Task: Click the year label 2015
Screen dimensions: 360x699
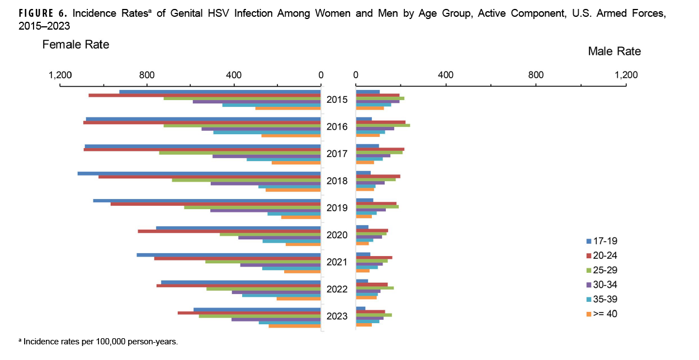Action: [x=338, y=100]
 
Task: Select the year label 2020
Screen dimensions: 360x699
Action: [x=338, y=235]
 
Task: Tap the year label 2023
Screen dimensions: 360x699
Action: [x=338, y=316]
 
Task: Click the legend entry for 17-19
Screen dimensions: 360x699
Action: [x=602, y=241]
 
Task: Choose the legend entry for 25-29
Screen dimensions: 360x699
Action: [x=602, y=270]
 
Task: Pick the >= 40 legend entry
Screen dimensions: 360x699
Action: [x=602, y=314]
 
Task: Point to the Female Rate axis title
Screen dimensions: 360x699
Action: [x=75, y=45]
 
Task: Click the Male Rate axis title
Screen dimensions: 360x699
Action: [x=614, y=51]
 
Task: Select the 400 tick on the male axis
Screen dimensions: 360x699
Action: [x=445, y=74]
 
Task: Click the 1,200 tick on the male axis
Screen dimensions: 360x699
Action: [x=625, y=74]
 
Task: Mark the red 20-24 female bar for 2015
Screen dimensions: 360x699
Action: [x=204, y=96]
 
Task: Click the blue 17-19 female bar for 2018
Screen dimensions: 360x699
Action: [x=199, y=173]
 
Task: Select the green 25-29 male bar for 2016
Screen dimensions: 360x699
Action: [x=382, y=126]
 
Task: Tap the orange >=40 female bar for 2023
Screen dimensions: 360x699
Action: [x=294, y=326]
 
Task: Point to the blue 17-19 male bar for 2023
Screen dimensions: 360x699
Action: [x=360, y=309]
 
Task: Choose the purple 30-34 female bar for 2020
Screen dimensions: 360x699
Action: [x=279, y=238]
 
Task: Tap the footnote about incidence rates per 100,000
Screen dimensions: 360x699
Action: [x=98, y=341]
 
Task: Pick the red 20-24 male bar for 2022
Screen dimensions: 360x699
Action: [x=371, y=285]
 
